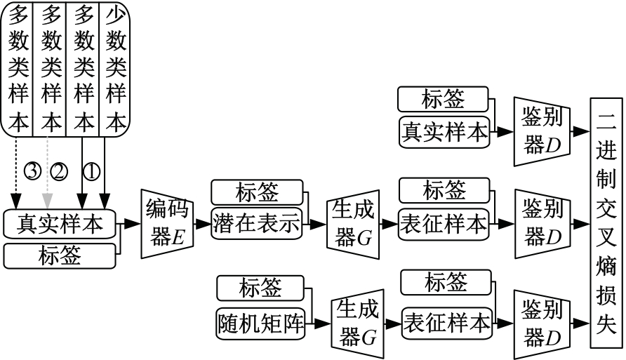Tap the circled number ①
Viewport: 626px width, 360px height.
pos(91,171)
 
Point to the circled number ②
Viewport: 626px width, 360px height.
pos(58,171)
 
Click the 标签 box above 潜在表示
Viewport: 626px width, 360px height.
pos(256,192)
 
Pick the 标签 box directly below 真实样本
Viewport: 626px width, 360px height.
pos(59,255)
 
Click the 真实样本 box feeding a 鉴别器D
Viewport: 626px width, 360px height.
pos(444,131)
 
